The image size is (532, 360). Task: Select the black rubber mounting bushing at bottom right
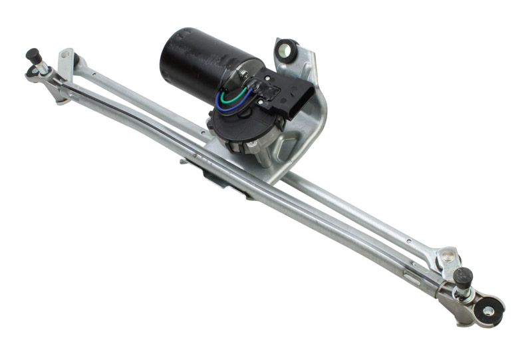487,310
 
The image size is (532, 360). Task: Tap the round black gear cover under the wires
229,126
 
